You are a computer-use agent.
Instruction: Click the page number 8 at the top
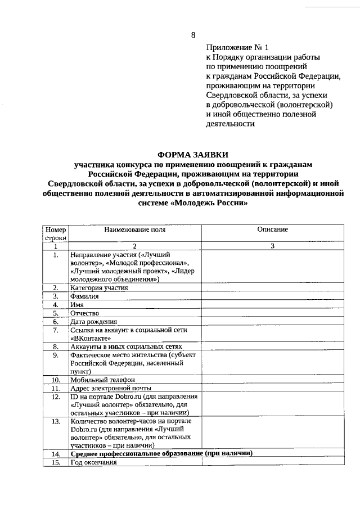(193, 35)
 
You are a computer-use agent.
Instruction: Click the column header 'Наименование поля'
(134, 229)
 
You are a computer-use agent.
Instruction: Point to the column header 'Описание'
(272, 229)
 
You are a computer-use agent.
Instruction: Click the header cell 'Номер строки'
(56, 234)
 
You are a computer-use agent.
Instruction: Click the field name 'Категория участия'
(99, 287)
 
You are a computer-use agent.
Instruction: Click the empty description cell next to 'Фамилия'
(272, 296)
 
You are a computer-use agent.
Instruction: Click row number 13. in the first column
(56, 421)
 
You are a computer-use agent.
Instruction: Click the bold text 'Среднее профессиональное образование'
(136, 453)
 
